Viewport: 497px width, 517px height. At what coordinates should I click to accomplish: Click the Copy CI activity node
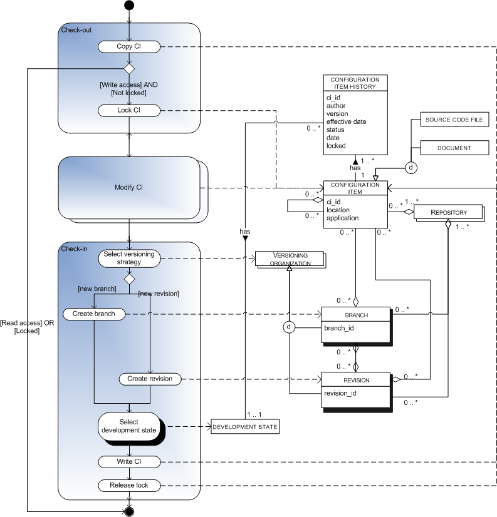[129, 46]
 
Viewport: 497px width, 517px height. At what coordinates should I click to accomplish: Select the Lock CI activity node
[129, 110]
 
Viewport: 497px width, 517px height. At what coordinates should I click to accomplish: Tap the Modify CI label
[128, 188]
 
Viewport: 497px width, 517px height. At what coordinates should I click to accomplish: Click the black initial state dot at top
[129, 6]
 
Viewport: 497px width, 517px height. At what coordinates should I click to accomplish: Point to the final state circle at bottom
[129, 511]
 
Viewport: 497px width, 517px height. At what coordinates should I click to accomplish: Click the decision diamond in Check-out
[129, 68]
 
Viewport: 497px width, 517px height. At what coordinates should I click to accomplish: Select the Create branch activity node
[93, 313]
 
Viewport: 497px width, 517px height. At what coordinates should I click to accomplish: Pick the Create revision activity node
[150, 379]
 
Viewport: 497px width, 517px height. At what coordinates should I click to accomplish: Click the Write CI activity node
[129, 462]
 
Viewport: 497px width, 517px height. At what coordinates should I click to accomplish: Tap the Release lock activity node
[129, 484]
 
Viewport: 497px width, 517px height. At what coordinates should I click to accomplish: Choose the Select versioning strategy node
[129, 257]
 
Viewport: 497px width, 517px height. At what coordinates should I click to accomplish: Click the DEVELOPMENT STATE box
[244, 427]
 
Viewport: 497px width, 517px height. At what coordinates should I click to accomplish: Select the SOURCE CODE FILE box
[454, 120]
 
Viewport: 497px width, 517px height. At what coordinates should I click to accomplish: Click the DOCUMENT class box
[454, 148]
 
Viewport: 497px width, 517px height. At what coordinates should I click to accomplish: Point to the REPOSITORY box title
[448, 212]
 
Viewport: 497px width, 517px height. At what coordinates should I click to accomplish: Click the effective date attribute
[346, 121]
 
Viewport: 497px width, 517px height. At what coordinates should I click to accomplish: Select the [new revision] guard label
[159, 294]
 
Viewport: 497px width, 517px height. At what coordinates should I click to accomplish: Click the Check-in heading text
[74, 248]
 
